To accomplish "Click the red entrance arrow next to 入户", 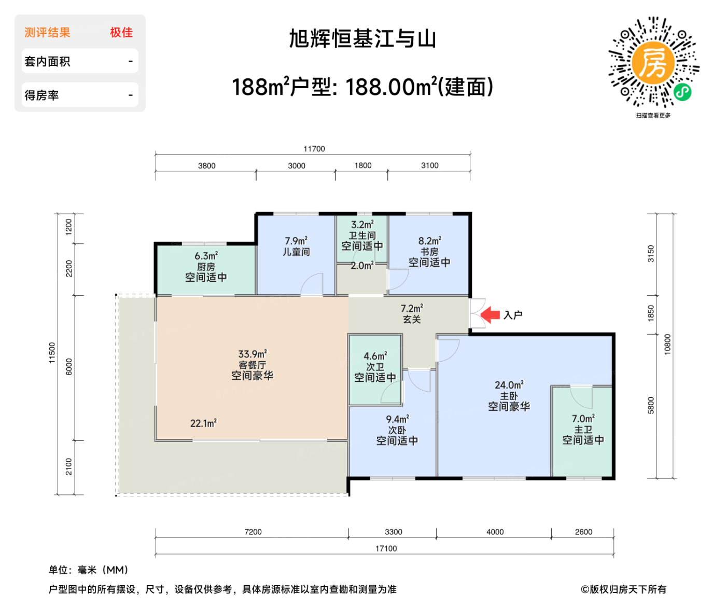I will click(x=490, y=314).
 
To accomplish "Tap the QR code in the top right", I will click(x=653, y=63).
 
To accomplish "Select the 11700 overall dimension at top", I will click(x=314, y=149).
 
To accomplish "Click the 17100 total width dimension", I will click(x=386, y=548).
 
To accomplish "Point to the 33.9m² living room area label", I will click(x=253, y=354).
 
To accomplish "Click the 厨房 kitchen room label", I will click(x=206, y=267).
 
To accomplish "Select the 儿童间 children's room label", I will click(x=296, y=252).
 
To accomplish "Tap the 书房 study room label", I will click(x=429, y=252).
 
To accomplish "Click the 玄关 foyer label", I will click(x=412, y=320).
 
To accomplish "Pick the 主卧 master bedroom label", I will click(x=509, y=396).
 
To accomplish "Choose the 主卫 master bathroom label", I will click(x=583, y=430).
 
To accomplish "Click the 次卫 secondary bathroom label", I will click(x=375, y=367).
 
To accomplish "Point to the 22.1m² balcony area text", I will click(x=203, y=423).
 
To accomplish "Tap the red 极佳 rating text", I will click(x=121, y=33).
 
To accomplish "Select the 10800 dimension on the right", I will click(x=667, y=344).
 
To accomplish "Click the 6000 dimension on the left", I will click(x=69, y=367).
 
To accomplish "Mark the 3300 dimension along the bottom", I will click(x=393, y=532).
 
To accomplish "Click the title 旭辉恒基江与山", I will click(x=362, y=39).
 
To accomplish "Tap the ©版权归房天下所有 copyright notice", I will click(x=623, y=589).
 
